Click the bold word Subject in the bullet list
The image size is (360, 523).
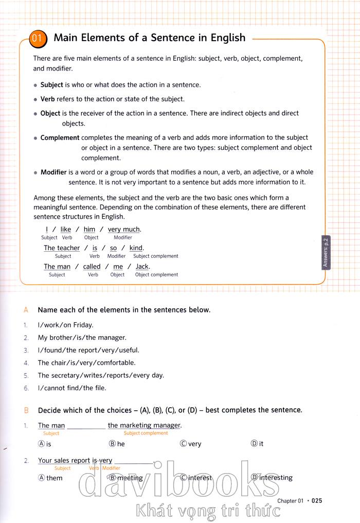tap(51, 85)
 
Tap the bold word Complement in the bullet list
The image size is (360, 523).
tap(60, 137)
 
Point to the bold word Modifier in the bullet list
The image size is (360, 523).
tap(53, 172)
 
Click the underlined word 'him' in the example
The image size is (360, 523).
tap(89, 229)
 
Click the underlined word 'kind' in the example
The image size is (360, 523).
tap(136, 248)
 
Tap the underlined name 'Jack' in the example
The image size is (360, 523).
tap(142, 266)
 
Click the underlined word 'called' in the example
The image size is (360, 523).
tap(92, 266)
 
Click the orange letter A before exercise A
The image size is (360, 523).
tap(26, 310)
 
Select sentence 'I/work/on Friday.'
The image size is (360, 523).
tap(65, 325)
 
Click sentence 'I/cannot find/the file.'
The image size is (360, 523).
tap(72, 388)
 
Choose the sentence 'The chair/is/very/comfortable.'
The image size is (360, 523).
tap(86, 362)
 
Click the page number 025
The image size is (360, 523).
tap(317, 500)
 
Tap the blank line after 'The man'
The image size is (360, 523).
tap(86, 426)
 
